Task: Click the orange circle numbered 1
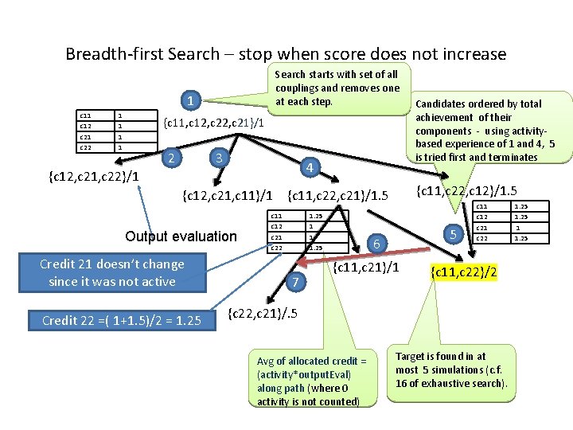[x=189, y=101]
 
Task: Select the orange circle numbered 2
[x=170, y=157]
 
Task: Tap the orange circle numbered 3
[x=217, y=157]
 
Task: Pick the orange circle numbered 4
[x=310, y=167]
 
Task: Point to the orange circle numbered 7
[x=295, y=282]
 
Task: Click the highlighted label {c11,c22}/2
[x=464, y=272]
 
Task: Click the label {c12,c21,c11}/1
[x=228, y=194]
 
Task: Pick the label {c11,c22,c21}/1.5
[x=337, y=194]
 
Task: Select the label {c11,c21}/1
[x=366, y=265]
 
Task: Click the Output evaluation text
[x=181, y=236]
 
